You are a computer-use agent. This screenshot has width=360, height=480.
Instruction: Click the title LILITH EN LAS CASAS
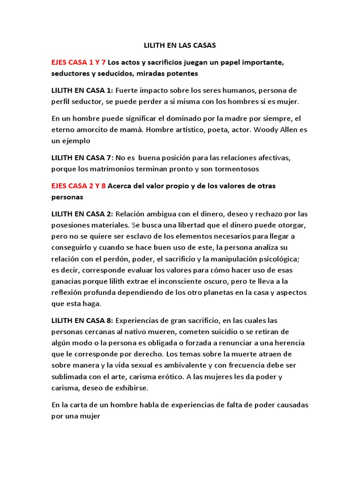click(180, 46)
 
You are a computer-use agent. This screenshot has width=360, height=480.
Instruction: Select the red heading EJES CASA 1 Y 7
click(79, 62)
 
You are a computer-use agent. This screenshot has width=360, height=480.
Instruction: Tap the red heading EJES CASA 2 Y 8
click(79, 186)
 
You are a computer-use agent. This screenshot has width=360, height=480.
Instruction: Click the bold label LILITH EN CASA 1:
click(82, 90)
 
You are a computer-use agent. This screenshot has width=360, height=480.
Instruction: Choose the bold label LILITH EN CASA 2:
click(82, 214)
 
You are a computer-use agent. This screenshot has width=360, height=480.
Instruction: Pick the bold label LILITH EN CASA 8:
click(82, 321)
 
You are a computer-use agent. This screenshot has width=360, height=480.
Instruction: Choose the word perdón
click(117, 259)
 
